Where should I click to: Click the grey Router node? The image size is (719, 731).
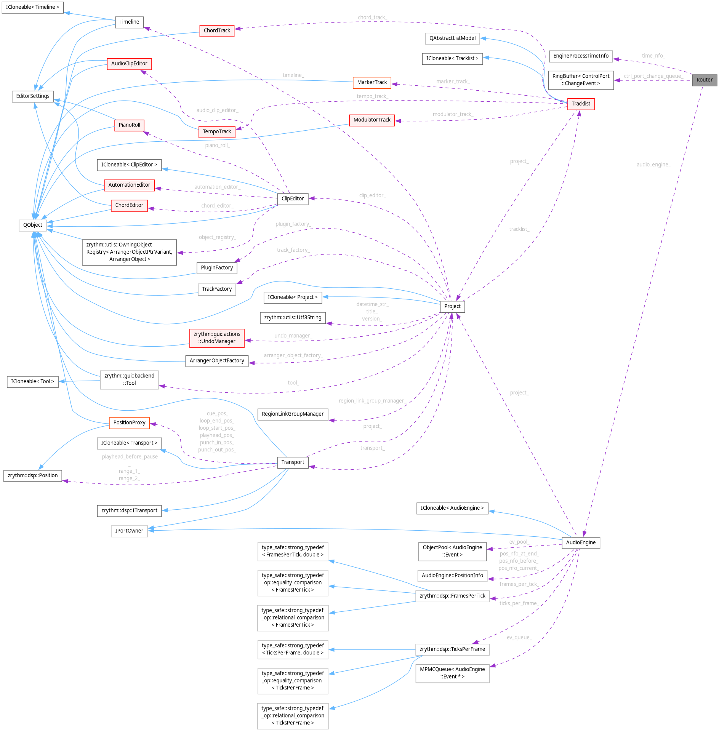[x=704, y=80]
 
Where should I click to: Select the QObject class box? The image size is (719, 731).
[x=32, y=225]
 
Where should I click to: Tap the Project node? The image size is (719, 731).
[x=452, y=306]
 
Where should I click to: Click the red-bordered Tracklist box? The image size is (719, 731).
[x=580, y=104]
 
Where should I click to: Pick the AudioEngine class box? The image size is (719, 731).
[x=580, y=542]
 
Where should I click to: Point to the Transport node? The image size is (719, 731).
[x=292, y=462]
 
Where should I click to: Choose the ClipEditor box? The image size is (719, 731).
[x=292, y=198]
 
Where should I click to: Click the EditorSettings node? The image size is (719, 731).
[x=33, y=96]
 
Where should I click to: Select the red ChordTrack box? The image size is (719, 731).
[x=217, y=30]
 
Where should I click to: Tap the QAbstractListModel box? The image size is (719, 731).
[x=452, y=38]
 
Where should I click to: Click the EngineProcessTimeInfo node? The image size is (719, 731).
[x=580, y=56]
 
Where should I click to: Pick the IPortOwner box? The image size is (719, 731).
[x=129, y=531]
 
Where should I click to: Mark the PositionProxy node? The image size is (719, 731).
[x=129, y=423]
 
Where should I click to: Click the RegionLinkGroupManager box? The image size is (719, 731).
[x=292, y=414]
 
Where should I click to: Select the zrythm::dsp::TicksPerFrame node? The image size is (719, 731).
[x=452, y=649]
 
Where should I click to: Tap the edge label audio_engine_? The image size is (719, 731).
[x=653, y=165]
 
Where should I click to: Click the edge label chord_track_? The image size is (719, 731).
[x=372, y=18]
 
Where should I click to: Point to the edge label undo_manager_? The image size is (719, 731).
[x=293, y=336]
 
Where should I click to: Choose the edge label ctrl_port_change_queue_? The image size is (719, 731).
[x=653, y=76]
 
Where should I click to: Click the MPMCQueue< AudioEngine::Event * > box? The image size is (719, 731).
[x=452, y=673]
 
